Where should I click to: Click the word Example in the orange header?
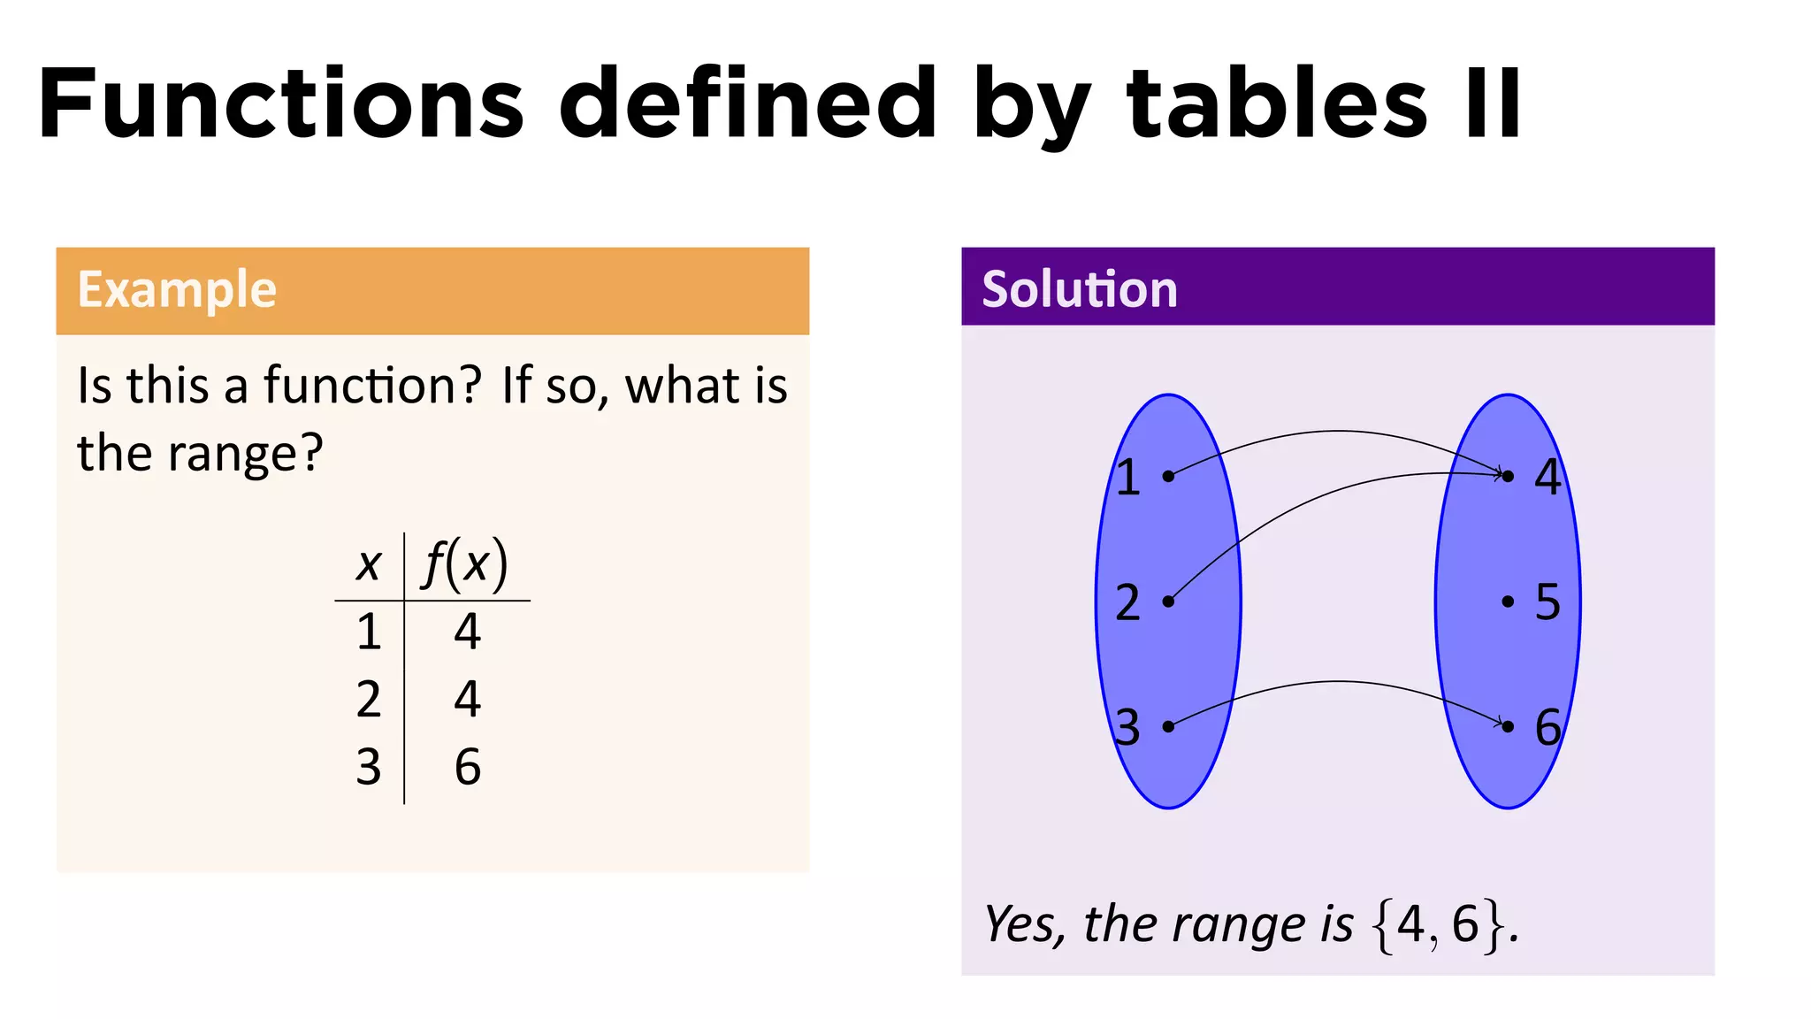[177, 290]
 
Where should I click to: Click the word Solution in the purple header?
[1080, 290]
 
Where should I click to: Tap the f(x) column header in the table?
[466, 563]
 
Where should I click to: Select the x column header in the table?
[369, 564]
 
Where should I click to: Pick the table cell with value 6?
[468, 767]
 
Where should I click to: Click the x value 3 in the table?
[369, 767]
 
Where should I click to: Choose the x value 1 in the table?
[369, 632]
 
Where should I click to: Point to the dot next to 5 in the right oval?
[1508, 601]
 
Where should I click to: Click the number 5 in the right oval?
[1547, 601]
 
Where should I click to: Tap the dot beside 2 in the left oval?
[1168, 601]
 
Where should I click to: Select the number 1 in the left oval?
[1127, 478]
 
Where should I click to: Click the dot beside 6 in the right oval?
[1508, 726]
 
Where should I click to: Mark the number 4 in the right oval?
[1547, 477]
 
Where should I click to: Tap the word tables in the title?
[1277, 104]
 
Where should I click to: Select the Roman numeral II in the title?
[1494, 104]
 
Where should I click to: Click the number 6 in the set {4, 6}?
[1465, 924]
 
